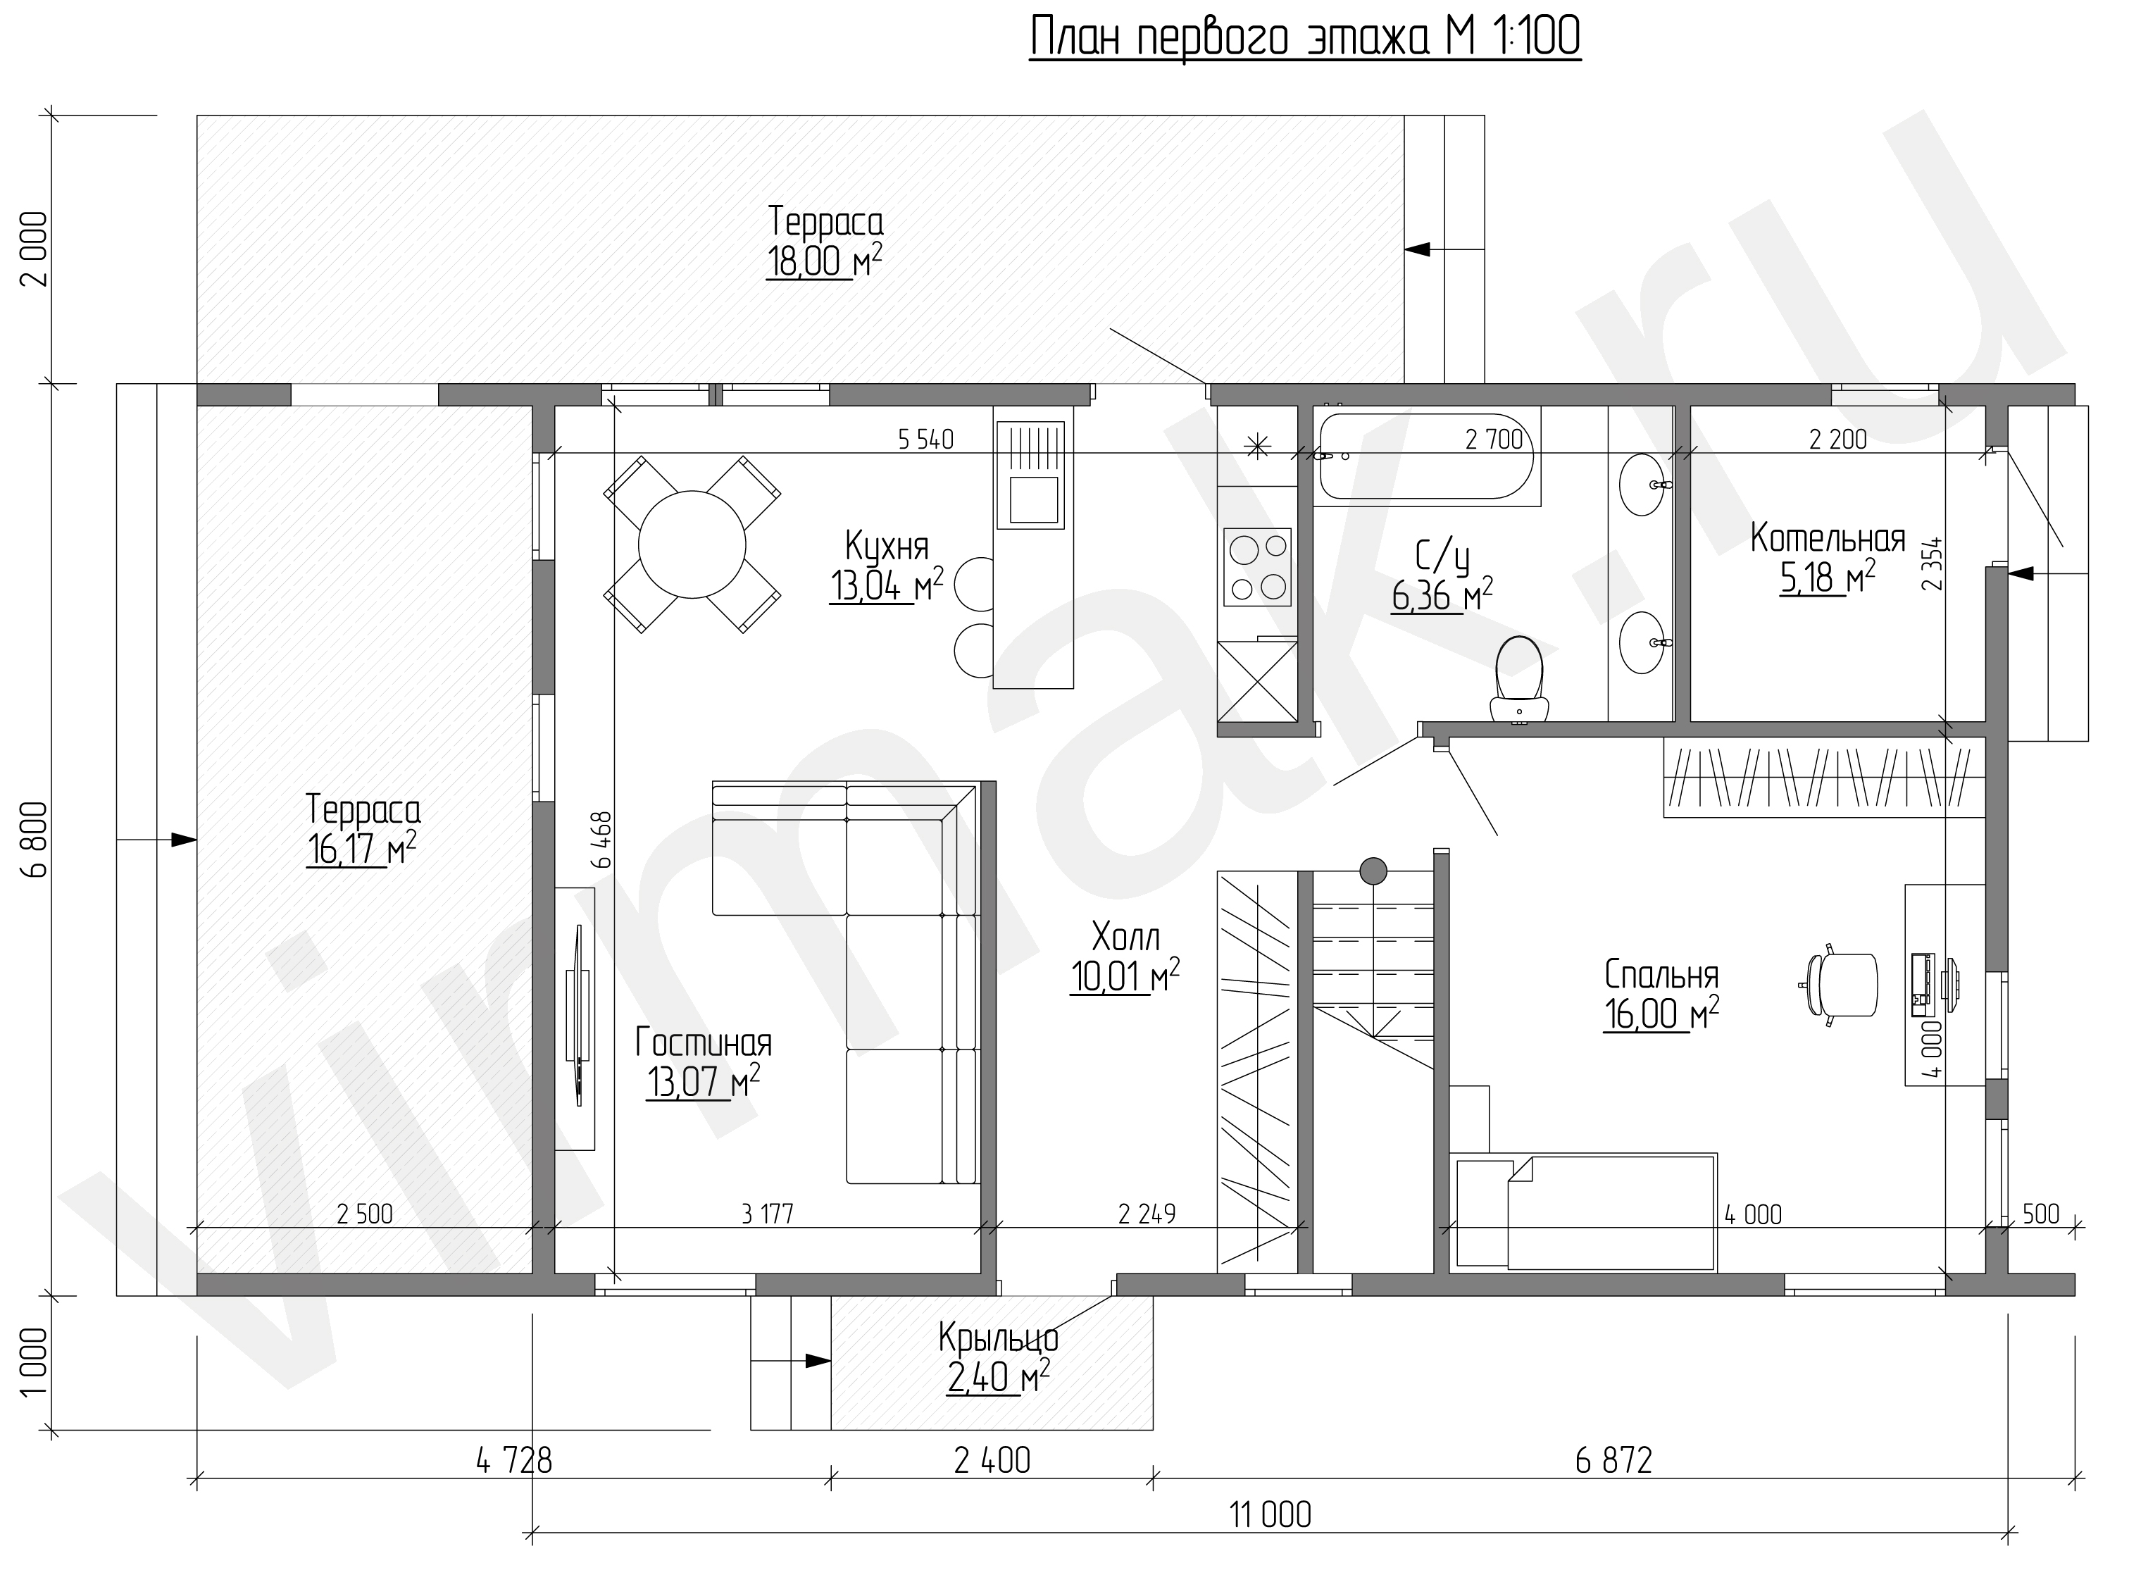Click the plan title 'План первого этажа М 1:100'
[x=1305, y=38]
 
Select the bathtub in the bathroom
[x=1426, y=456]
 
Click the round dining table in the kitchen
[x=691, y=544]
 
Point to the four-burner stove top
[x=1258, y=567]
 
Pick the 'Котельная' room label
[x=1828, y=538]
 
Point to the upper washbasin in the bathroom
[x=1646, y=485]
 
